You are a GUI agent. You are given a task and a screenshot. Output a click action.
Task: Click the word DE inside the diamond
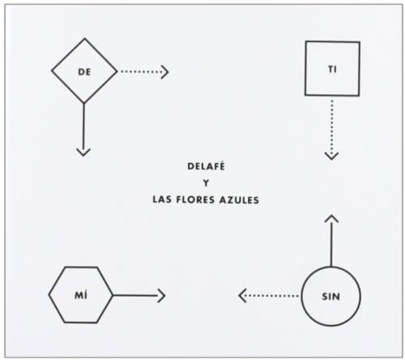pos(84,72)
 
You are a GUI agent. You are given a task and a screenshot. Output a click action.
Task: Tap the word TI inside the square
pos(332,70)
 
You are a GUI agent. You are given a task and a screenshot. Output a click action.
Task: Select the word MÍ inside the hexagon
pos(81,295)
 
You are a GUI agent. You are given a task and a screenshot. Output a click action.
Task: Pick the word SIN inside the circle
pos(330,297)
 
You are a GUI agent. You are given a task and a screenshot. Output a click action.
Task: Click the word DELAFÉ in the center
pos(206,166)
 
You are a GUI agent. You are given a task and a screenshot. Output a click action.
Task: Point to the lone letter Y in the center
pos(206,183)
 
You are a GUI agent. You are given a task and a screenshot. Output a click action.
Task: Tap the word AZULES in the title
pos(239,200)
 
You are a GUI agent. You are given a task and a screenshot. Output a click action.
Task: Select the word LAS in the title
pos(162,199)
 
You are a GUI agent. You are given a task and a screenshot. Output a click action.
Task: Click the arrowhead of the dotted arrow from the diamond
pos(165,71)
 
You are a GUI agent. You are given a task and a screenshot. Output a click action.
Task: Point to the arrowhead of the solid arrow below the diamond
pos(83,152)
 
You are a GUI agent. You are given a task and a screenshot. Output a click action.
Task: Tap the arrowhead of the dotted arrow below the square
pos(331,156)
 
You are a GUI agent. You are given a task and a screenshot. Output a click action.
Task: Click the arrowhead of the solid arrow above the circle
pos(331,218)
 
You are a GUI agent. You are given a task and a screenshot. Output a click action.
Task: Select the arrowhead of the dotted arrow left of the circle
pos(242,296)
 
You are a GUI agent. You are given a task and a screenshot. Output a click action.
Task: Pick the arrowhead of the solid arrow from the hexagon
pos(161,295)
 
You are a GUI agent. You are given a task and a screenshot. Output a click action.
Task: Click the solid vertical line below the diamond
pos(83,129)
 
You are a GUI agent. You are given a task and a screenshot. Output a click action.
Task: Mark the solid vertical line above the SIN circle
pos(331,241)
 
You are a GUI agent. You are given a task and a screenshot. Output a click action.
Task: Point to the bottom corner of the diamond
pos(84,103)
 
